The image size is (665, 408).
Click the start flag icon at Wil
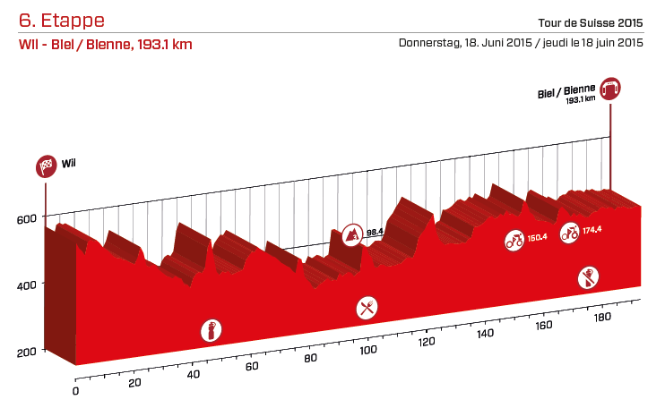(x=46, y=166)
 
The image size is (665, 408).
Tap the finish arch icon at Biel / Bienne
(x=611, y=89)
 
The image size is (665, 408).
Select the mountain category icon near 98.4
(x=354, y=235)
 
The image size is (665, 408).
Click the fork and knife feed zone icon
(x=366, y=309)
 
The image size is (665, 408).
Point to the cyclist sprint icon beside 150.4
(x=514, y=240)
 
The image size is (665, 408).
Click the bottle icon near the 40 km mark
(x=212, y=330)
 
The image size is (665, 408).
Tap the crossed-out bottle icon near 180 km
(x=588, y=276)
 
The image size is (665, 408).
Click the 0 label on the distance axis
(x=76, y=391)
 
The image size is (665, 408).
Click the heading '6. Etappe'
(x=61, y=20)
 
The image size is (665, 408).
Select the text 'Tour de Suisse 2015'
(x=592, y=22)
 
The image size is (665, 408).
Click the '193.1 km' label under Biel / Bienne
(x=581, y=101)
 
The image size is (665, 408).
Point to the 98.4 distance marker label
(x=375, y=232)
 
